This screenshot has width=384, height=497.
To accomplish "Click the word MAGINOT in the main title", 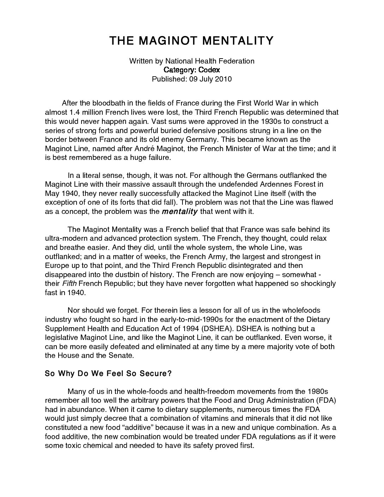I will pos(168,41).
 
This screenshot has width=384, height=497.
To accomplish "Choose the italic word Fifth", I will pos(69,283).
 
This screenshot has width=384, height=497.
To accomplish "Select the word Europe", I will pos(56,265).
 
